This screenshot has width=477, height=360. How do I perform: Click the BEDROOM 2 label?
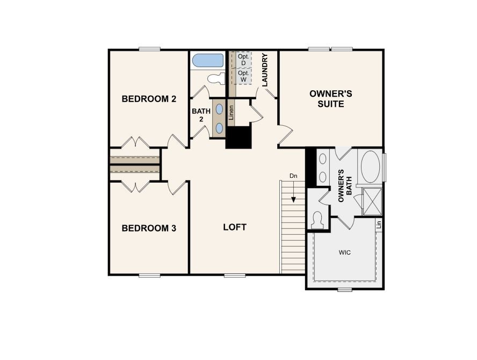point(149,99)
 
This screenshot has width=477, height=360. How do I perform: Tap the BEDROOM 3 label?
point(149,228)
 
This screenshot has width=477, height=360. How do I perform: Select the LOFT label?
point(235,227)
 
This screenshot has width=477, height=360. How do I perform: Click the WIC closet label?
point(344,252)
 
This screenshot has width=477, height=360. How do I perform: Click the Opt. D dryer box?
point(243,59)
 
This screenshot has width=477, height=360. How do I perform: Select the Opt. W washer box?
point(243,76)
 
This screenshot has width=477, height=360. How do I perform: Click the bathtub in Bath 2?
point(207,60)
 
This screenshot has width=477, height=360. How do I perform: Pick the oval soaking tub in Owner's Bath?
point(370,167)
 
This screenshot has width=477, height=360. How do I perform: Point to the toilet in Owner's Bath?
point(317,220)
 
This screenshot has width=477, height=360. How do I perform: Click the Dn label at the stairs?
point(293,176)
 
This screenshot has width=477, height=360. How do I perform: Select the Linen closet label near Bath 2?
point(232,111)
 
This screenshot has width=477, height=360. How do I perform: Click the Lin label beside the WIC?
point(379,225)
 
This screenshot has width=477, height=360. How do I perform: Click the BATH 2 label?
point(198,115)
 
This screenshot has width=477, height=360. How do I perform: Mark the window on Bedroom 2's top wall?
point(150,49)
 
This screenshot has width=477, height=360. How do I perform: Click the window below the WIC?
point(344,290)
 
